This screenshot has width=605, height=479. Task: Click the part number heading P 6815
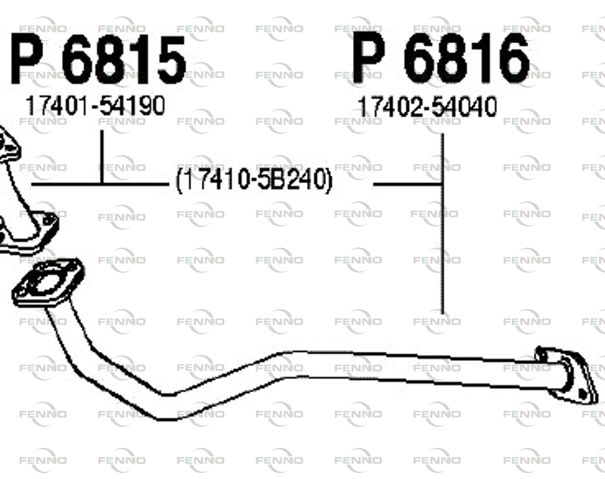tap(98, 60)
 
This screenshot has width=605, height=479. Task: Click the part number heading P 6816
tap(440, 58)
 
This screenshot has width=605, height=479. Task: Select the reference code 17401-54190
tap(95, 105)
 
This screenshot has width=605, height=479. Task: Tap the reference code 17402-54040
tap(427, 107)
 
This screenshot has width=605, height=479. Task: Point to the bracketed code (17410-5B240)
tap(254, 179)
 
